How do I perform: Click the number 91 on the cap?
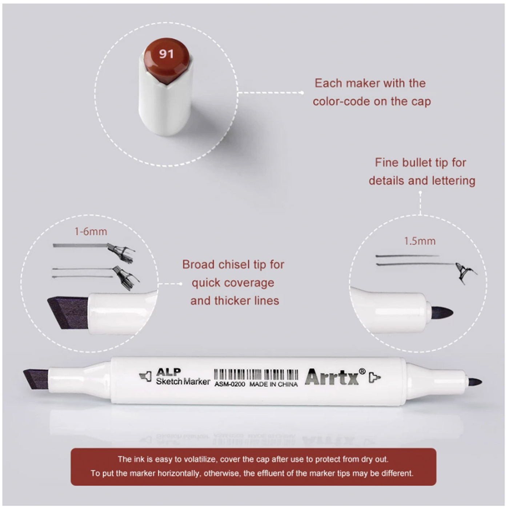(167, 54)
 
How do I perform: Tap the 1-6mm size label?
(91, 232)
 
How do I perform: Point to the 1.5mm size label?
(420, 241)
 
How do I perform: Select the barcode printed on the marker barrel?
(256, 374)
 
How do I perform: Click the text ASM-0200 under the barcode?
(229, 384)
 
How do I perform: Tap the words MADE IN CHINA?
(274, 384)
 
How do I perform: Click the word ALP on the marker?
(168, 372)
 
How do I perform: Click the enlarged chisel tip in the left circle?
(68, 313)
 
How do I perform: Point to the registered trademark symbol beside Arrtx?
(362, 371)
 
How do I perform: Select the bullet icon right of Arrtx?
(375, 377)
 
